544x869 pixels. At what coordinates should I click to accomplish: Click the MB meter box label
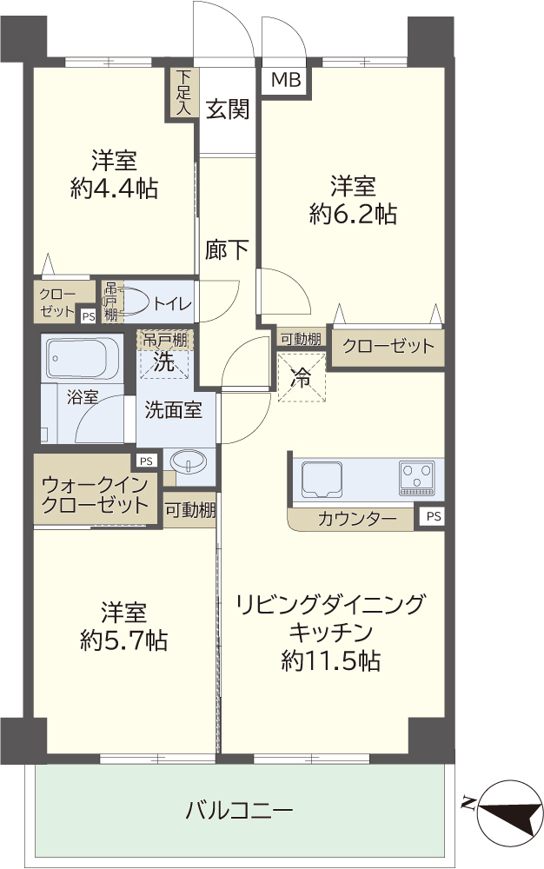coord(286,80)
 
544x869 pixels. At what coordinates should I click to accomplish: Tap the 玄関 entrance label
coord(228,109)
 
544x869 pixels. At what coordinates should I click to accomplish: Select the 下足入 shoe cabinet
coord(182,93)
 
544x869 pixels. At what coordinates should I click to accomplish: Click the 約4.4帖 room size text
coord(114,189)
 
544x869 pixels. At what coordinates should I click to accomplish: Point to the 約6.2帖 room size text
coord(353,214)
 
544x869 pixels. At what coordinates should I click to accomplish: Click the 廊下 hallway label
coord(227,250)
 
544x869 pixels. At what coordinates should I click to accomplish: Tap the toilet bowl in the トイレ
coord(134,302)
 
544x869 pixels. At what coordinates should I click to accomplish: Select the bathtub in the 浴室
coord(82,359)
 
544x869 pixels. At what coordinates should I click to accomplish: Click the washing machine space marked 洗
coord(164,361)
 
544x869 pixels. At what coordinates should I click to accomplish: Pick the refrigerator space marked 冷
coord(301,378)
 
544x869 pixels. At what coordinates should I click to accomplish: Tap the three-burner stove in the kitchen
coord(417,478)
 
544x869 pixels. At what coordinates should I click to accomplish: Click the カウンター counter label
coord(357,520)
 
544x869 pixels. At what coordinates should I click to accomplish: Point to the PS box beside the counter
coord(434,516)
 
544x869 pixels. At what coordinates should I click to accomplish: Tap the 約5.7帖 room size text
coord(123,641)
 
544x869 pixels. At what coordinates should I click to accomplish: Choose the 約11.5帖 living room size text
coord(331,661)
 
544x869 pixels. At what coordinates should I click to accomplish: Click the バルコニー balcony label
coord(239,812)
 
